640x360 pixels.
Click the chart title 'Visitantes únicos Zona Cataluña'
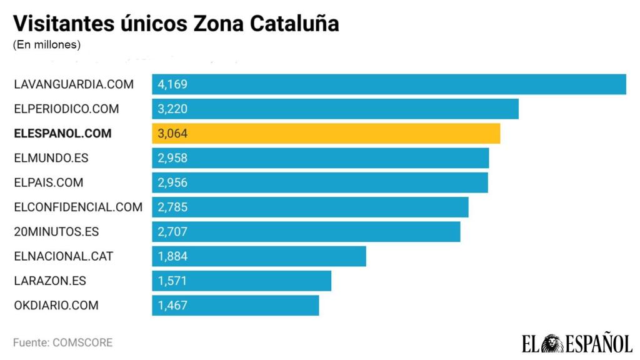[x=176, y=23]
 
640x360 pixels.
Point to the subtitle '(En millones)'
[x=47, y=45]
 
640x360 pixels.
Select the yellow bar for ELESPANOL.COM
[x=326, y=133]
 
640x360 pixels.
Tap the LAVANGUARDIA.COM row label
[x=74, y=84]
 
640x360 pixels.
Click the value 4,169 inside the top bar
[x=172, y=84]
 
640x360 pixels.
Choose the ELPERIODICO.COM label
[x=66, y=109]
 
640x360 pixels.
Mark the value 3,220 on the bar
[x=172, y=109]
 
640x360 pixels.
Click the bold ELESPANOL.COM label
[x=62, y=133]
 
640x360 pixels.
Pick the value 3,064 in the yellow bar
[x=172, y=133]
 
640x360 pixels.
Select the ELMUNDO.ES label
[x=51, y=158]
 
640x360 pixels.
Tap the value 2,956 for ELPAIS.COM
[x=172, y=182]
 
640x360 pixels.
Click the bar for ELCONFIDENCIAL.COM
[x=310, y=207]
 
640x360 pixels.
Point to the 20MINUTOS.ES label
[x=56, y=232]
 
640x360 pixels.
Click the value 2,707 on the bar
[x=172, y=232]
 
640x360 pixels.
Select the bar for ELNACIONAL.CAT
[x=259, y=256]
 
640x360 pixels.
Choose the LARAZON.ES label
[x=50, y=281]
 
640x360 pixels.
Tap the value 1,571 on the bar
[x=172, y=281]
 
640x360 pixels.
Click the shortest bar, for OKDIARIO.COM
[x=235, y=306]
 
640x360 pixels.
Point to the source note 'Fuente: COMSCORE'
[x=62, y=342]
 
